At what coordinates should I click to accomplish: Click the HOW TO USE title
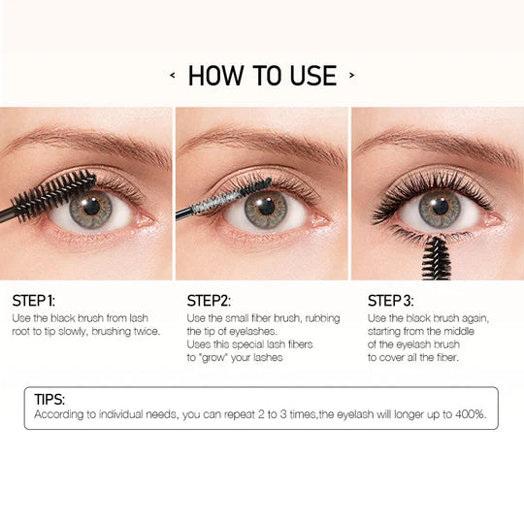262,75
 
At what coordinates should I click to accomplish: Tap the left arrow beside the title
173,75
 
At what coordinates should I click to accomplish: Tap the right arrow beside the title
351,75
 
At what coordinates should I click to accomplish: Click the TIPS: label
51,399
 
